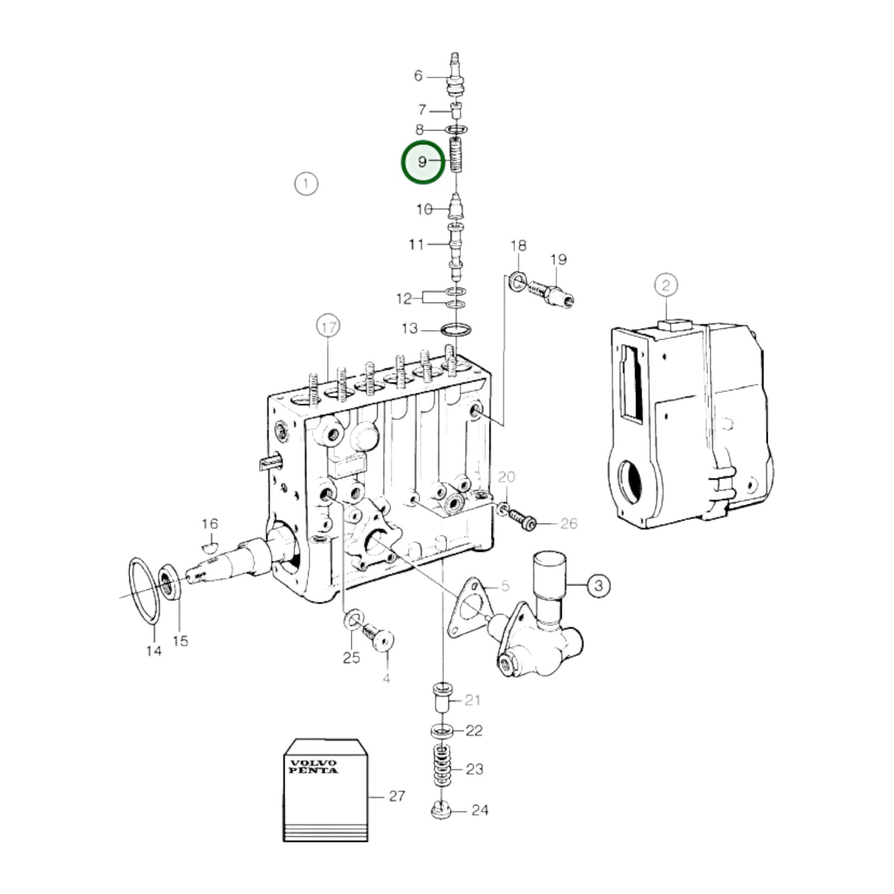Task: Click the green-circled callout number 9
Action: click(x=423, y=162)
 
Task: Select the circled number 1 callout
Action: click(x=306, y=184)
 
